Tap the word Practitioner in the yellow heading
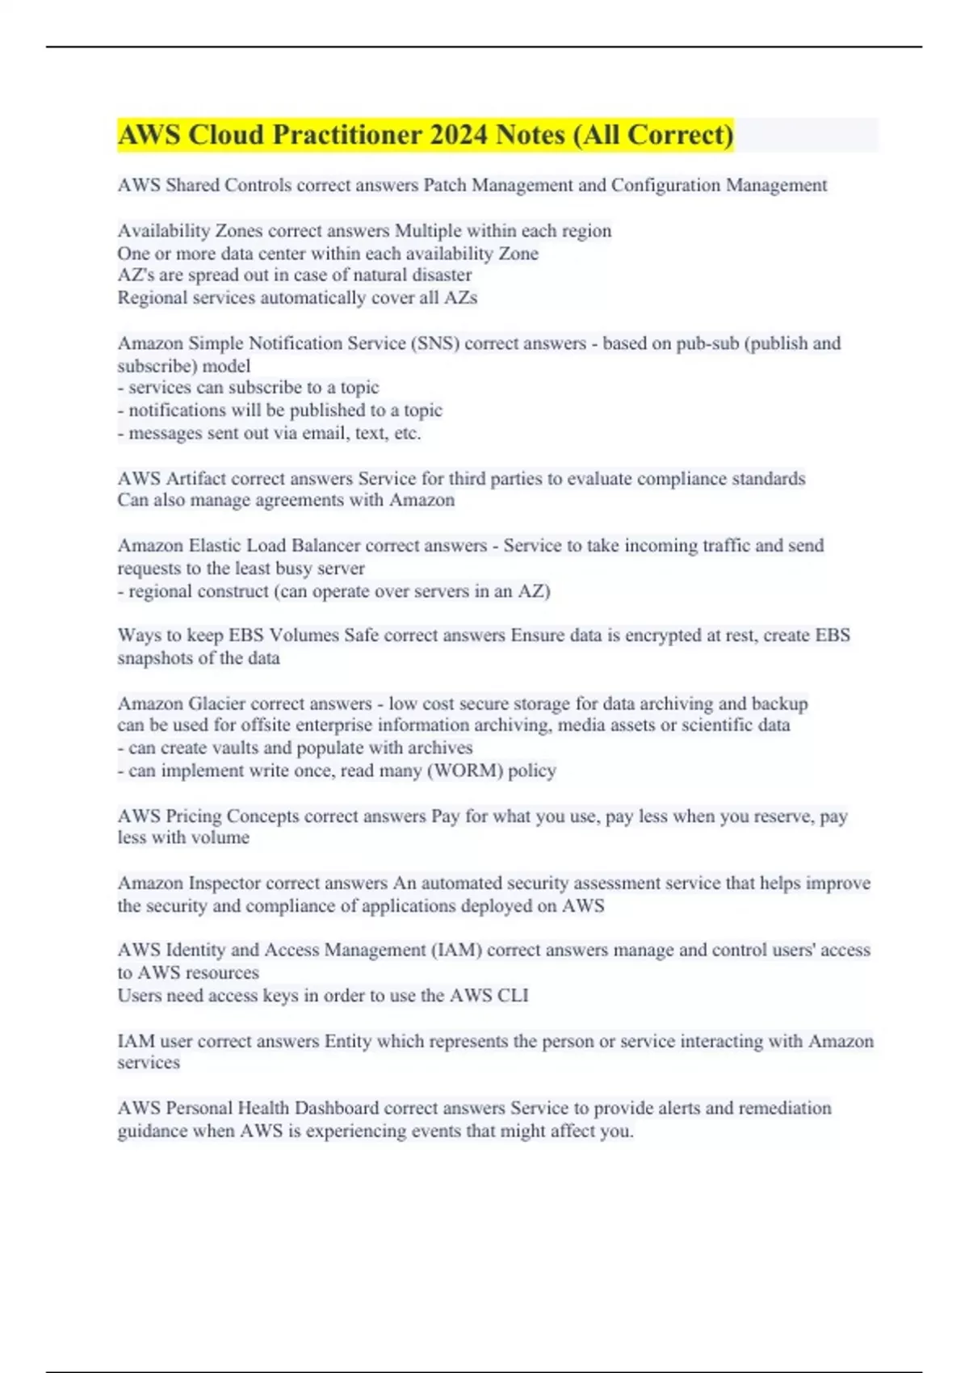[347, 135]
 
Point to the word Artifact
[196, 478]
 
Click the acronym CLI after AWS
[513, 995]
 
